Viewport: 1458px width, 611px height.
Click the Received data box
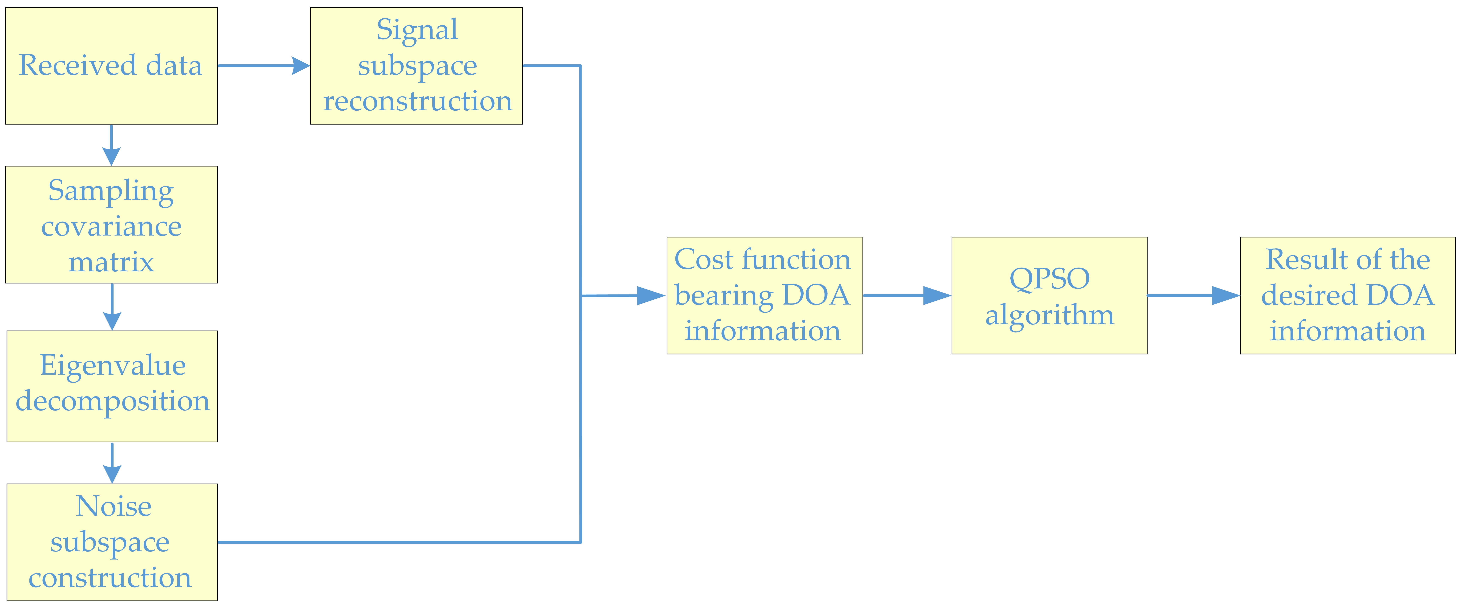pos(111,66)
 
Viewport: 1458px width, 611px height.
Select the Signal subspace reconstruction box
pos(416,66)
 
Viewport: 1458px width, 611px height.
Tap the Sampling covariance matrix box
pos(111,225)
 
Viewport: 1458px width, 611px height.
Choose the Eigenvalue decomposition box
pos(112,386)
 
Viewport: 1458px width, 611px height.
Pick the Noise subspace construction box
pos(112,542)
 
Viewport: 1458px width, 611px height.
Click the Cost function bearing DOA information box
pos(764,295)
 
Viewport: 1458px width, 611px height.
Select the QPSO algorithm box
pos(1049,295)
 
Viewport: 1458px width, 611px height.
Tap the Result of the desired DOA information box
pos(1347,295)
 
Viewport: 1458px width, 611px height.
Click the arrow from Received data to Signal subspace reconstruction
pos(263,66)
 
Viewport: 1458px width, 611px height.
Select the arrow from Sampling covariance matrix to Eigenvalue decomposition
pos(112,307)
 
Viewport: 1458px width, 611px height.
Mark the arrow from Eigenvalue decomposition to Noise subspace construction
pos(112,463)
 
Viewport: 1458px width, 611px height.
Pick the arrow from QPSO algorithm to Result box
pos(1193,295)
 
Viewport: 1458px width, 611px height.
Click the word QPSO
pos(1049,278)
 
